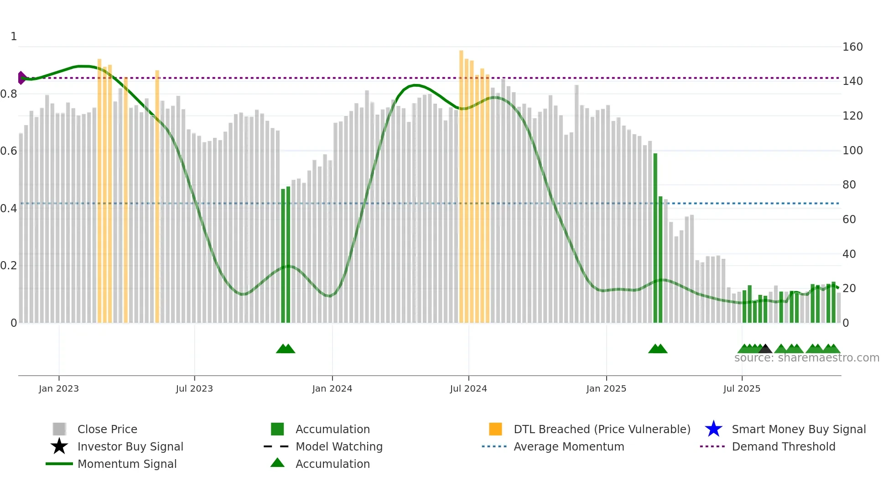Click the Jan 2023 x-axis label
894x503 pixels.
click(58, 388)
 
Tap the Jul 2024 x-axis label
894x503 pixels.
click(468, 388)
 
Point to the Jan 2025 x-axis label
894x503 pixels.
click(606, 388)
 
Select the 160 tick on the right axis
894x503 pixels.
click(852, 47)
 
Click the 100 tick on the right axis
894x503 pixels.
click(852, 150)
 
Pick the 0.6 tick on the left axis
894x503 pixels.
click(9, 151)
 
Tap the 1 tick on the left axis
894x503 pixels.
click(14, 37)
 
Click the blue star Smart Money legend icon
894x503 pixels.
click(713, 429)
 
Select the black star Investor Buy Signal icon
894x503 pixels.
click(59, 446)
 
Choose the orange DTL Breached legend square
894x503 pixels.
click(495, 429)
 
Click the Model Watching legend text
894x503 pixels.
click(339, 446)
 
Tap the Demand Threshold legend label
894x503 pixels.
click(783, 446)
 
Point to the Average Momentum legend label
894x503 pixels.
click(569, 446)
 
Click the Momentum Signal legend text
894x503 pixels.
click(127, 464)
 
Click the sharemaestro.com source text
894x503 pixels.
click(806, 358)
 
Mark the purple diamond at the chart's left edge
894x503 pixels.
click(21, 78)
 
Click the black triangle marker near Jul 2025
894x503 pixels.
click(765, 349)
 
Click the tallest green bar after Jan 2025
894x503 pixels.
click(655, 237)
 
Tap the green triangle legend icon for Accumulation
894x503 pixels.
click(277, 463)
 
